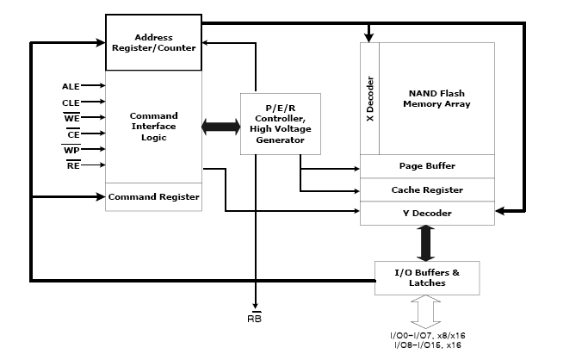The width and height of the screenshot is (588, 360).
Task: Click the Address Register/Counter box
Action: pyautogui.click(x=153, y=43)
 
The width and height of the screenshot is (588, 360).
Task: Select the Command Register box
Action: pyautogui.click(x=153, y=197)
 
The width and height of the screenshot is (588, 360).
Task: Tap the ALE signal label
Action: pyautogui.click(x=71, y=86)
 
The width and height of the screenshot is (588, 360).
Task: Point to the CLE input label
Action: pyautogui.click(x=71, y=102)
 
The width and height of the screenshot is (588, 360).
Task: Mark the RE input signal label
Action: pyautogui.click(x=73, y=165)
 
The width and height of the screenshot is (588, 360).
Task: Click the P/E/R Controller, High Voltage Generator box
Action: pyautogui.click(x=280, y=123)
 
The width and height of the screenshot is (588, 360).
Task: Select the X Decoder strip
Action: pyautogui.click(x=369, y=99)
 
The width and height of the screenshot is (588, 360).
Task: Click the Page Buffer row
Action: pyautogui.click(x=427, y=165)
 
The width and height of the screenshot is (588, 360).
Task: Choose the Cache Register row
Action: pyautogui.click(x=427, y=189)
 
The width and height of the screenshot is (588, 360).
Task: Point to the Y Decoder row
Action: pyautogui.click(x=427, y=213)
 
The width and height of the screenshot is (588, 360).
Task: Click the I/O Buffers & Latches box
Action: pyautogui.click(x=427, y=277)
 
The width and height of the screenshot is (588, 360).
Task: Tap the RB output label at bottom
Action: pyautogui.click(x=255, y=318)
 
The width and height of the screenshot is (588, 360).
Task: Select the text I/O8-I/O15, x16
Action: pyautogui.click(x=427, y=344)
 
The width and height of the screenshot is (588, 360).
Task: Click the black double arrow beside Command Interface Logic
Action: pyautogui.click(x=221, y=127)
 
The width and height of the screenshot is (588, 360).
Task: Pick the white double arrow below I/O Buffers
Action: pyautogui.click(x=427, y=312)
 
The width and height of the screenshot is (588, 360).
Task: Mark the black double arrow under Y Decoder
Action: pyautogui.click(x=427, y=242)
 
